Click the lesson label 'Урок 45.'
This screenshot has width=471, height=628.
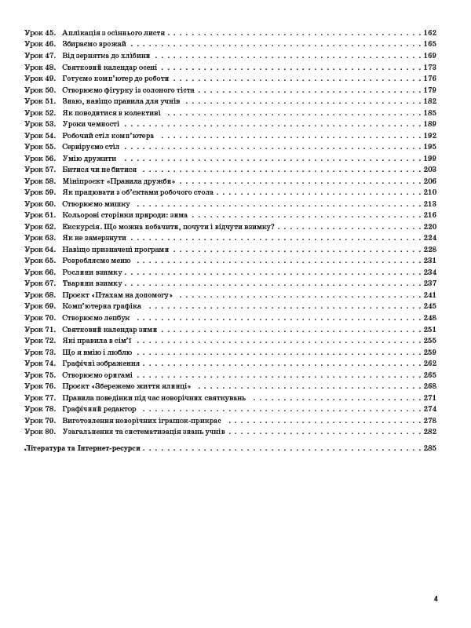click(39, 33)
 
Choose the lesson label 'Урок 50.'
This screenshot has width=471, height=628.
click(39, 90)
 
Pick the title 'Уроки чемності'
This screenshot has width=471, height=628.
click(90, 124)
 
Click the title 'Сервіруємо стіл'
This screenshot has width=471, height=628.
click(90, 147)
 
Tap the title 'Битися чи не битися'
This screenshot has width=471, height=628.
click(100, 170)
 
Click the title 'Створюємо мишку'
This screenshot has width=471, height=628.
click(93, 203)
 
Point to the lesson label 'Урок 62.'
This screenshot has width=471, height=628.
click(39, 226)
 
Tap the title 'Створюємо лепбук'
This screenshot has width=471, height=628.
click(96, 317)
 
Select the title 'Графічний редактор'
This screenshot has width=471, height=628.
click(101, 408)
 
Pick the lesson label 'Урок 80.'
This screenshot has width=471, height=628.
click(39, 431)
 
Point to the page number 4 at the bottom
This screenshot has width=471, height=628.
click(436, 598)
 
